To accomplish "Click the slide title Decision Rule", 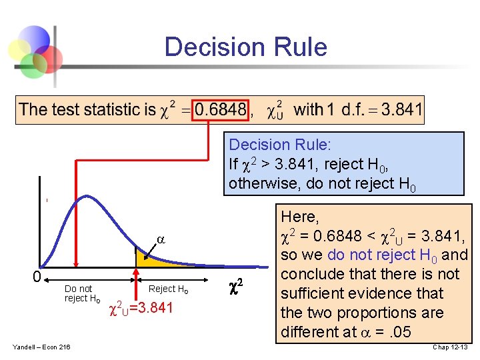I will pyautogui.click(x=245, y=47).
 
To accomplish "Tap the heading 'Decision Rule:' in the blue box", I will pyautogui.click(x=280, y=145).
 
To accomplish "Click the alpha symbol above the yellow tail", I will pyautogui.click(x=160, y=239).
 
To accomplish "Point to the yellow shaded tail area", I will pyautogui.click(x=147, y=259).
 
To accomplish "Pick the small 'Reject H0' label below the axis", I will pyautogui.click(x=168, y=289).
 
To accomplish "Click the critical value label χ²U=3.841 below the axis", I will pyautogui.click(x=141, y=307).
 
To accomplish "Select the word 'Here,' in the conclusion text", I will pyautogui.click(x=300, y=217).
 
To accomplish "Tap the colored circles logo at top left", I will pyautogui.click(x=33, y=50).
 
